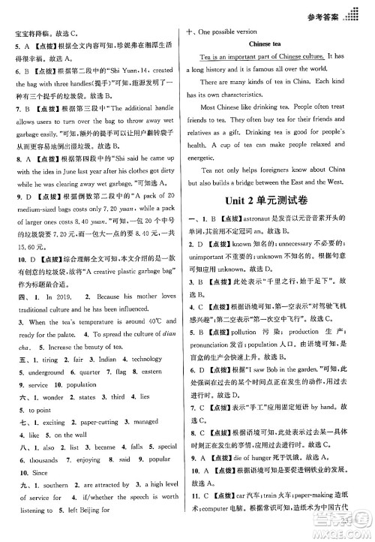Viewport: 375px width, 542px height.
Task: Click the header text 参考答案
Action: pyautogui.click(x=328, y=15)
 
